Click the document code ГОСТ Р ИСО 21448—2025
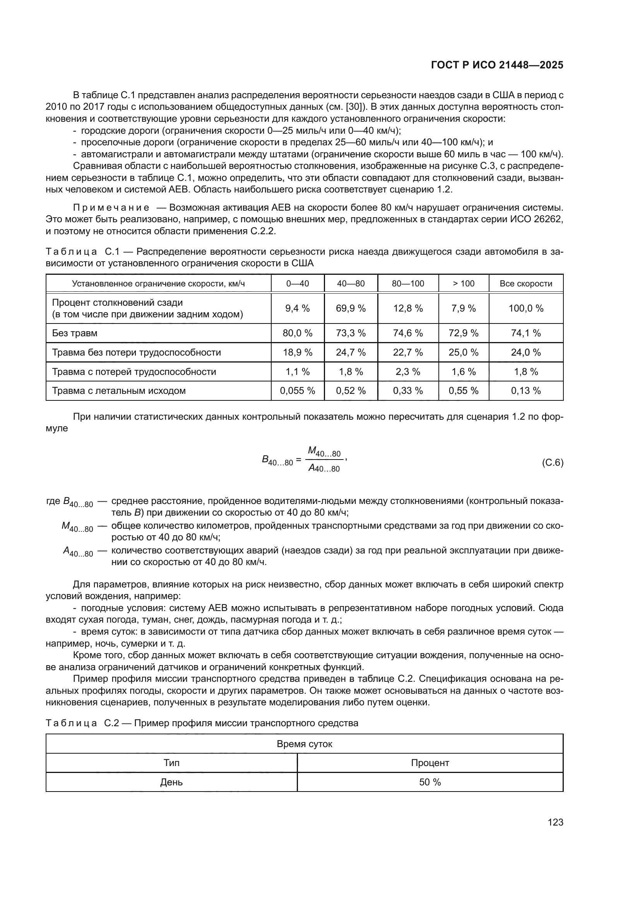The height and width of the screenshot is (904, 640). [497, 65]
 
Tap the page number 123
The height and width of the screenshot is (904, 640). [555, 822]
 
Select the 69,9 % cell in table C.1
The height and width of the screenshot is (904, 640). [350, 308]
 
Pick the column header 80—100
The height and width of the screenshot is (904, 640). [407, 283]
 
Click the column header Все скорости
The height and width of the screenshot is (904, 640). [526, 283]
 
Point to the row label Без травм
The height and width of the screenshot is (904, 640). [75, 333]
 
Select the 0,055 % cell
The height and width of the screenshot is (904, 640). [297, 391]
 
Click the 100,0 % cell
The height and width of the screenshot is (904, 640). [526, 308]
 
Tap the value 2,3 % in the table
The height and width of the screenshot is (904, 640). [407, 372]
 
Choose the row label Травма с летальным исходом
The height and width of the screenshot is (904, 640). [119, 391]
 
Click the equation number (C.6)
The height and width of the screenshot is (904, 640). [553, 462]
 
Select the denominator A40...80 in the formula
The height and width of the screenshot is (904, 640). [324, 468]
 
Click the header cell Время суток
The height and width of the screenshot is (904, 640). [304, 744]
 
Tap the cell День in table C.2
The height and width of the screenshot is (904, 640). [171, 782]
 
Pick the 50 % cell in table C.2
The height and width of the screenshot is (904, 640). [430, 782]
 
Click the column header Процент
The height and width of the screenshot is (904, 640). [430, 763]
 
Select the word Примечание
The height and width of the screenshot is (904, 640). [111, 208]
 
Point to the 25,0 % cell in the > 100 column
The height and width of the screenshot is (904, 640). [463, 352]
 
